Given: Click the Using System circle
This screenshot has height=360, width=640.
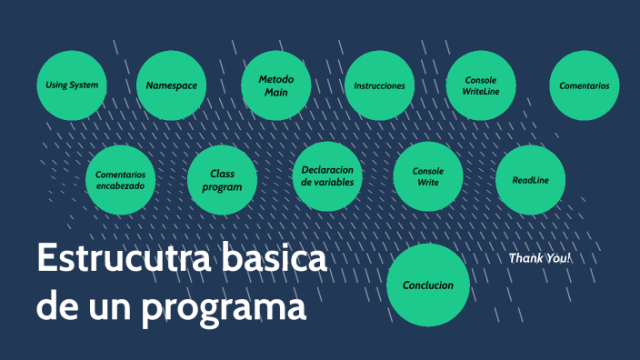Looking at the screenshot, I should coord(72,85).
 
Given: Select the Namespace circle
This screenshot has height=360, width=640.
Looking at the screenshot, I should coord(172,85).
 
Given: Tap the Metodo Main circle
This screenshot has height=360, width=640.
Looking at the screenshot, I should coord(276,85).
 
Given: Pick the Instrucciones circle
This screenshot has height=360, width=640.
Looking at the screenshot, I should coord(379,85).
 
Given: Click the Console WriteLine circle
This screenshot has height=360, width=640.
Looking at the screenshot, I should coord(479,85).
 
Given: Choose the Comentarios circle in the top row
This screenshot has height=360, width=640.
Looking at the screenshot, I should coord(584,85).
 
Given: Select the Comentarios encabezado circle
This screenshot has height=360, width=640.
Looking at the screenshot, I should coord(120,180).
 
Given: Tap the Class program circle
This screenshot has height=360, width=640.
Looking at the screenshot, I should coord(222,180).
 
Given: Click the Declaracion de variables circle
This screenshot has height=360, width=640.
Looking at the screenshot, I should coord(327,176).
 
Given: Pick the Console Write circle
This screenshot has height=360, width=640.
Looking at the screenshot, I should coord(428,176).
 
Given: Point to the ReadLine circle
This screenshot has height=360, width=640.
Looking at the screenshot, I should coord(530,180).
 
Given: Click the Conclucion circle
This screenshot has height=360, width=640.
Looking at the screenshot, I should coord(428,285).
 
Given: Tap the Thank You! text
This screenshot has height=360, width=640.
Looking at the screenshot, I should coord(539,258).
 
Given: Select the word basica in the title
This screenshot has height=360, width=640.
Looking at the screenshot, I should coord(273,259).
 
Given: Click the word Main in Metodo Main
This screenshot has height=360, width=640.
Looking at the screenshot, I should coord(276,93).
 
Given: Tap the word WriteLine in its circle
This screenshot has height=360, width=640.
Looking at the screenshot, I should coord(479,92).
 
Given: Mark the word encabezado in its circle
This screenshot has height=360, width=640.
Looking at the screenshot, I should coord(120,186).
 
